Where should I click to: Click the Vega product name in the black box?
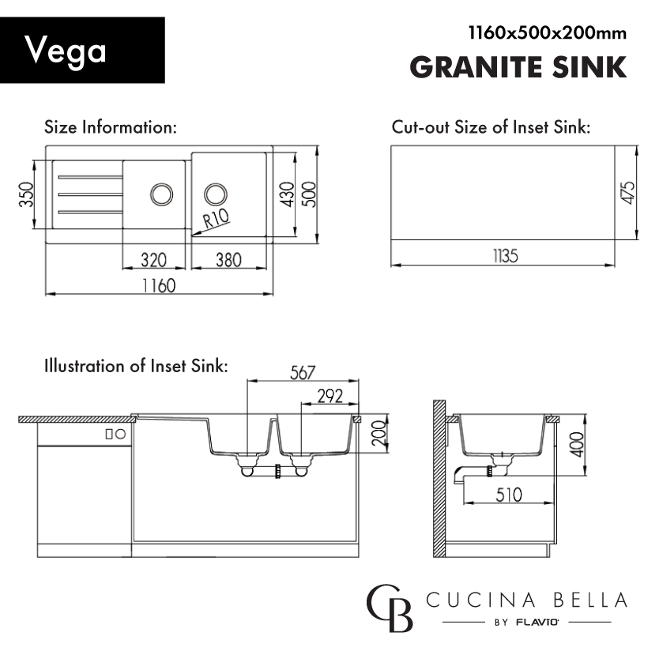(65, 51)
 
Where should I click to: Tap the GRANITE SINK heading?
(518, 67)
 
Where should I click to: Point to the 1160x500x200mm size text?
(548, 32)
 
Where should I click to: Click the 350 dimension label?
(26, 194)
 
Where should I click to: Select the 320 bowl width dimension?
(154, 260)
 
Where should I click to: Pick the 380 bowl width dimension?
(228, 260)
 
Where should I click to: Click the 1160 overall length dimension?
(159, 286)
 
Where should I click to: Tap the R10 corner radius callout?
(216, 219)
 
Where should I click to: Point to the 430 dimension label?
(287, 194)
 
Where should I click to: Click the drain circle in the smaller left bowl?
(162, 186)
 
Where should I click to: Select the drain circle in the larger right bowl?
(216, 185)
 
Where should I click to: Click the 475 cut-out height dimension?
(627, 193)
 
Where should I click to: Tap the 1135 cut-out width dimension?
(505, 256)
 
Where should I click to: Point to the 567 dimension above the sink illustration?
(303, 373)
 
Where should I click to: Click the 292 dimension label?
(330, 397)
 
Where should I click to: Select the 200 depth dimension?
(379, 433)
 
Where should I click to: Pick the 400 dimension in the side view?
(577, 445)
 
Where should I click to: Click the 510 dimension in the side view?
(509, 495)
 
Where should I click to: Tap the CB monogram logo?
(390, 608)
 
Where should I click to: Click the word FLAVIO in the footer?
(537, 623)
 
